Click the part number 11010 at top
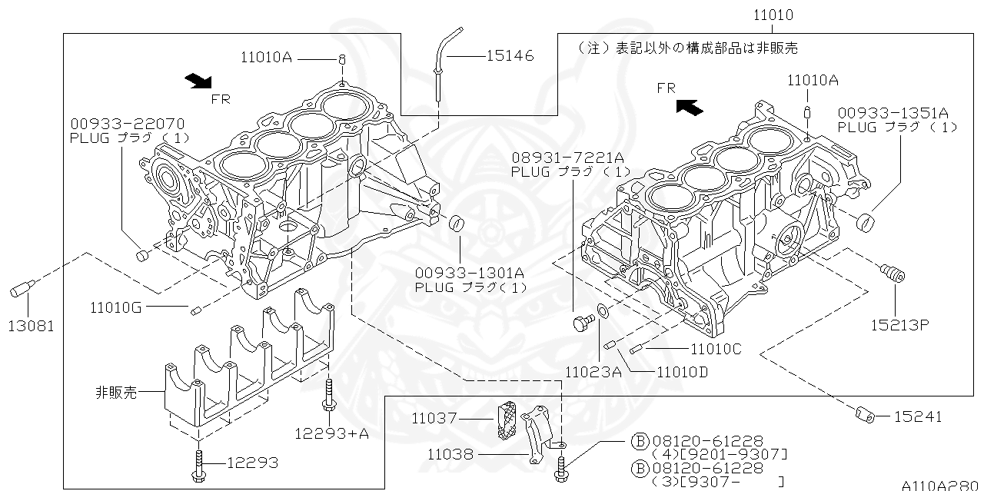[x=773, y=15]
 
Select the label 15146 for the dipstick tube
[x=510, y=56]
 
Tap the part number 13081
[x=32, y=325]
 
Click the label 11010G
[x=115, y=308]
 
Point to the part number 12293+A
[x=331, y=433]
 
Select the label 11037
[x=434, y=419]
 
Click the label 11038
[x=452, y=454]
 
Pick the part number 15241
[x=917, y=416]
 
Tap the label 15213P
[x=900, y=324]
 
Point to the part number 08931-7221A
[x=570, y=157]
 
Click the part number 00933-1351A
[x=893, y=112]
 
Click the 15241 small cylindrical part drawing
[x=866, y=416]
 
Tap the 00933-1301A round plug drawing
[x=458, y=224]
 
